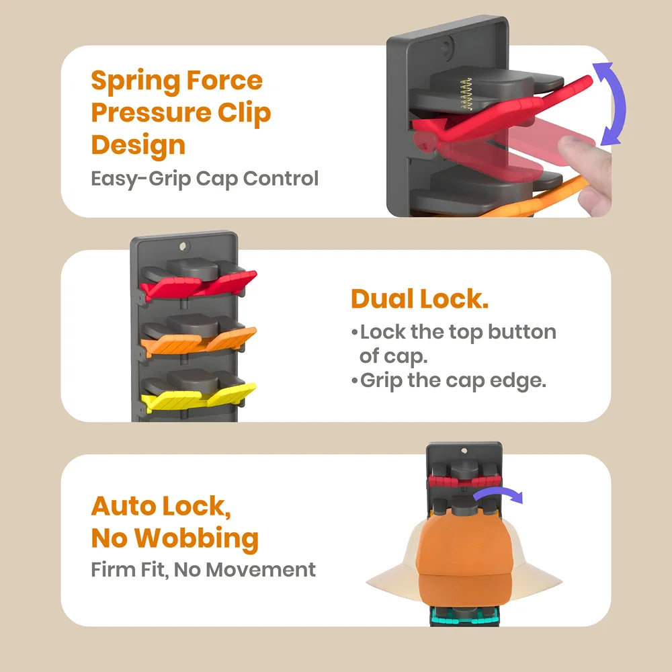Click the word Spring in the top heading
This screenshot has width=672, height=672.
point(135,82)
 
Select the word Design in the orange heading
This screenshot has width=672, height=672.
point(138,146)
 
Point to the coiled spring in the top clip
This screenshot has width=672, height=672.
point(466,94)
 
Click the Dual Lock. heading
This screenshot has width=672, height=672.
point(419,298)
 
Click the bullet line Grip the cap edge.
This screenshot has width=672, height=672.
point(449,381)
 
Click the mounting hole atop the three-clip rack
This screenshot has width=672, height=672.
point(183,246)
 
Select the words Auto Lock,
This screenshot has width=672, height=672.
point(161,506)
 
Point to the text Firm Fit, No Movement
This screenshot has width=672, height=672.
point(203,570)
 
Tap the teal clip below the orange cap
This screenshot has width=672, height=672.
point(464,617)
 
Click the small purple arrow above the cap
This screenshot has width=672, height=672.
point(499,493)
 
